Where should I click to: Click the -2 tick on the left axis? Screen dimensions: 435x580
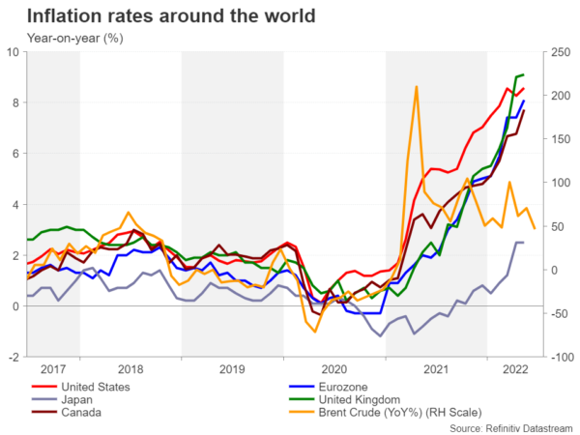click(x=14, y=358)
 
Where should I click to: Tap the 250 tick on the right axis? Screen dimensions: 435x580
click(x=559, y=52)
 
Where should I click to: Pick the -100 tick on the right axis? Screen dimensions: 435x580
click(x=560, y=358)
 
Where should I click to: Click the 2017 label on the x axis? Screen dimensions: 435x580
click(x=53, y=369)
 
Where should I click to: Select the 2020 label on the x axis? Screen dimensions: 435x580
click(x=333, y=369)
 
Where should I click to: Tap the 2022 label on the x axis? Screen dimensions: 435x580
click(x=514, y=369)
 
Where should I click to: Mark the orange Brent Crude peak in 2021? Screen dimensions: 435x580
click(x=417, y=87)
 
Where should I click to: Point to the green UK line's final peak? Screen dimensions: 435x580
click(x=523, y=74)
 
